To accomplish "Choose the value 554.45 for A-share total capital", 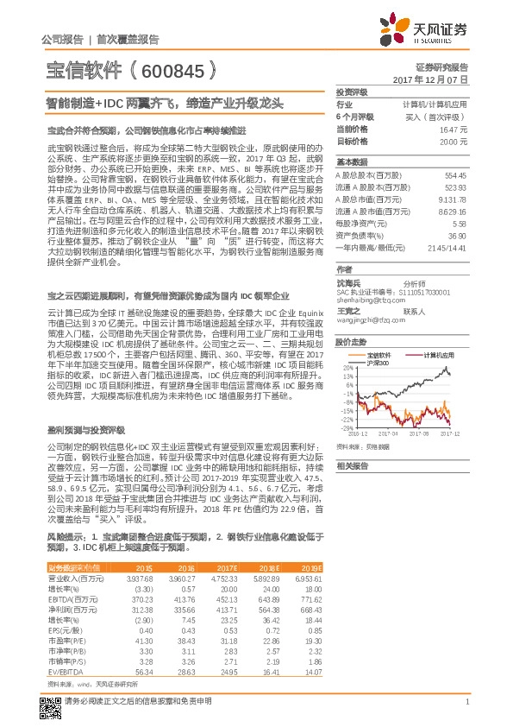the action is coord(454,175).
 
